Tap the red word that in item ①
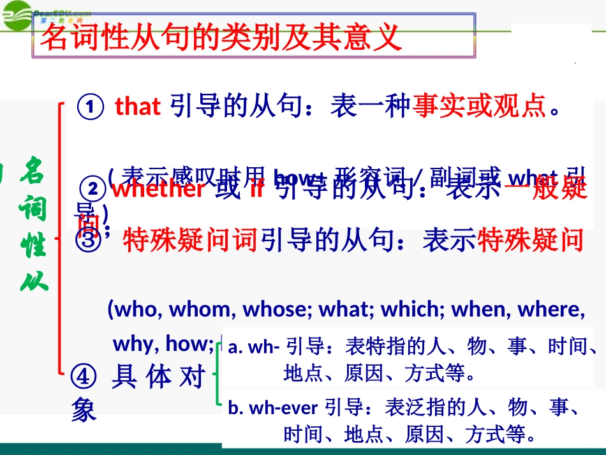137,107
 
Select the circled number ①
90,107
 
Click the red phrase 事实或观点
479,107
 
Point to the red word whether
159,189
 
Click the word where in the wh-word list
550,309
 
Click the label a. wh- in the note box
253,347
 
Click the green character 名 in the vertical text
32,170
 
